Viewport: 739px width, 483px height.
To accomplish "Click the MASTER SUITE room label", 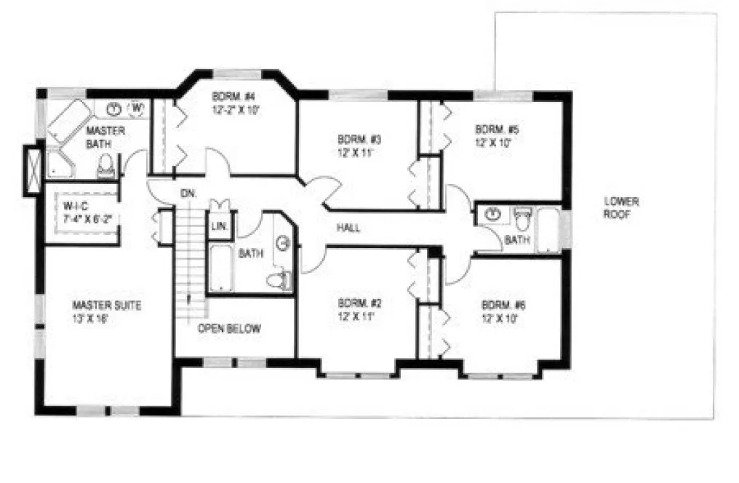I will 107,306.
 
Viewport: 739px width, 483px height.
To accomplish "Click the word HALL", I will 349,228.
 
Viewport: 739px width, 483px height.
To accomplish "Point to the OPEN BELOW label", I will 229,329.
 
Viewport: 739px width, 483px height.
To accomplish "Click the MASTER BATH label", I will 105,136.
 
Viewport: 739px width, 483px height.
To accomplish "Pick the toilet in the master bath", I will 106,167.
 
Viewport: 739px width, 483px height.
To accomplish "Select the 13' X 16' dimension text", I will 96,319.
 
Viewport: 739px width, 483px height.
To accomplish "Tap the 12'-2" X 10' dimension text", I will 236,110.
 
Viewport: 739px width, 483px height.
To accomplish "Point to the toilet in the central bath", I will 277,279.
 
